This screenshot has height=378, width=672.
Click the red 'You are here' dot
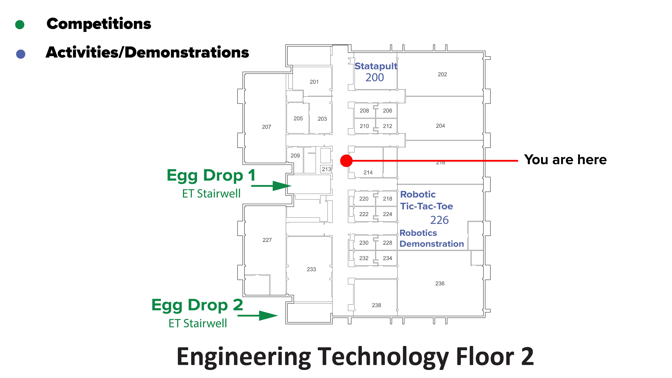[x=346, y=161]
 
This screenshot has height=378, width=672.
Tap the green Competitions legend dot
[x=20, y=25]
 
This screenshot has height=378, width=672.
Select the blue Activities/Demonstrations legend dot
[x=21, y=54]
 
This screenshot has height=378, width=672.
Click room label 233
[x=311, y=269]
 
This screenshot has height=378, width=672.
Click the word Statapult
[x=376, y=66]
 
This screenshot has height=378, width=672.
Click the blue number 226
[x=439, y=220]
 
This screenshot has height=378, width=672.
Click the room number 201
[x=314, y=82]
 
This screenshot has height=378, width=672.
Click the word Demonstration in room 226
[x=432, y=244]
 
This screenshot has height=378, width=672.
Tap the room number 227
[x=267, y=240]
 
